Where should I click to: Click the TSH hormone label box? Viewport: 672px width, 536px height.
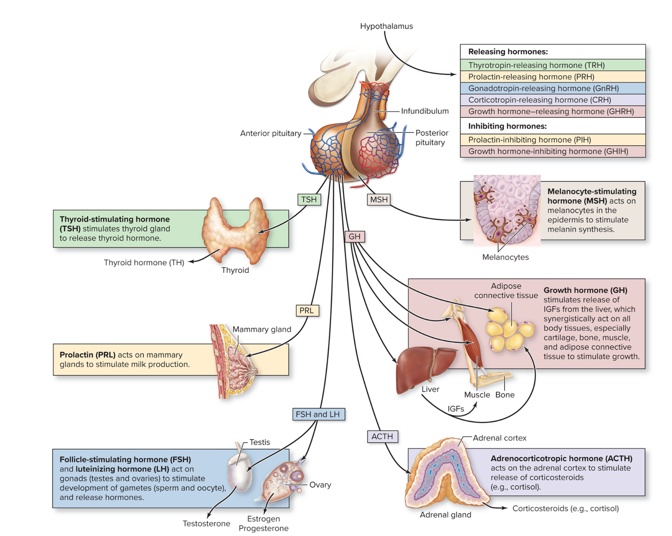coord(309,200)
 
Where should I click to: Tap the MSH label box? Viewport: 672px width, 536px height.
coord(379,200)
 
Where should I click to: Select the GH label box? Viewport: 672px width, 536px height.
coord(355,236)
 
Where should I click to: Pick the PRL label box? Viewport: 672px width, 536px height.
coord(307,311)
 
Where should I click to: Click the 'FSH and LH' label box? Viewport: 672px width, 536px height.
coord(318,414)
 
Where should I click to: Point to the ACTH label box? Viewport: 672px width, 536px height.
coord(382,436)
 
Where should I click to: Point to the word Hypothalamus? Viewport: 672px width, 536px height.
coord(386,26)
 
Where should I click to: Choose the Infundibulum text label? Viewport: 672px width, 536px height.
coord(424,111)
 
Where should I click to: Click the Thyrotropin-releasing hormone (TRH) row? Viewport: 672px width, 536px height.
coord(552,65)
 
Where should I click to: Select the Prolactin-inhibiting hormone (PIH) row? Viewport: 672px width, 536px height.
coord(552,140)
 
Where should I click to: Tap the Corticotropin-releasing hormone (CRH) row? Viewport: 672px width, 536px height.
coord(552,100)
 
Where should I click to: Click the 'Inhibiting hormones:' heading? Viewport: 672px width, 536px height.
coord(507,126)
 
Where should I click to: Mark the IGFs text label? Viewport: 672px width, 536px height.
coord(455,409)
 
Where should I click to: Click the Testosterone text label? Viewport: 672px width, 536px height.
coord(206,523)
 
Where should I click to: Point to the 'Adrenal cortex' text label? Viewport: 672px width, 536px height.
coord(499,438)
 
